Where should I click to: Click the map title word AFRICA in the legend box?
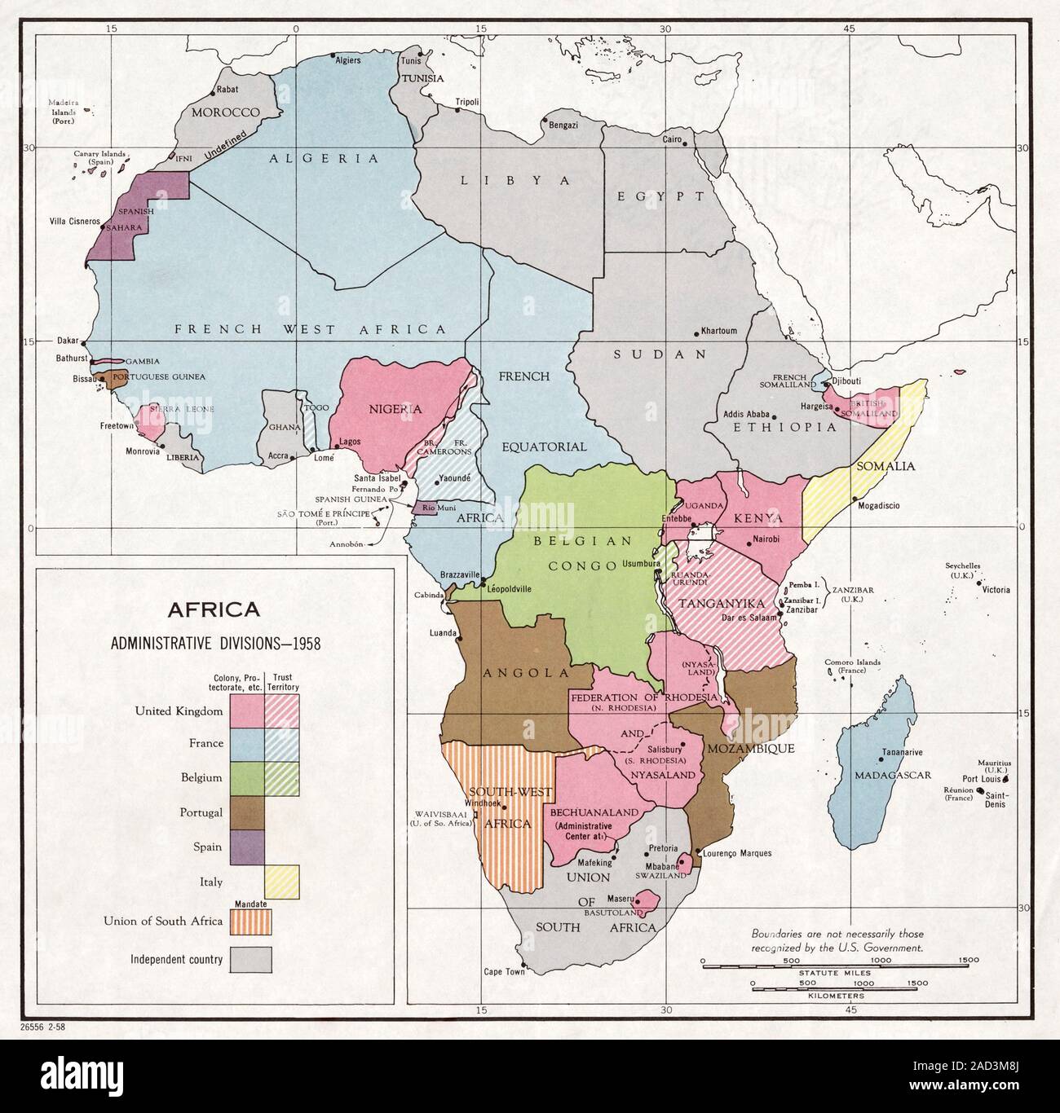(214, 609)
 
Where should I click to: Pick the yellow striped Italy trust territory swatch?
(282, 881)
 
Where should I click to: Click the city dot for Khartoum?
(696, 333)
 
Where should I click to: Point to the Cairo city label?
(672, 140)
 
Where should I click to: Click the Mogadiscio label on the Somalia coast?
(878, 505)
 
